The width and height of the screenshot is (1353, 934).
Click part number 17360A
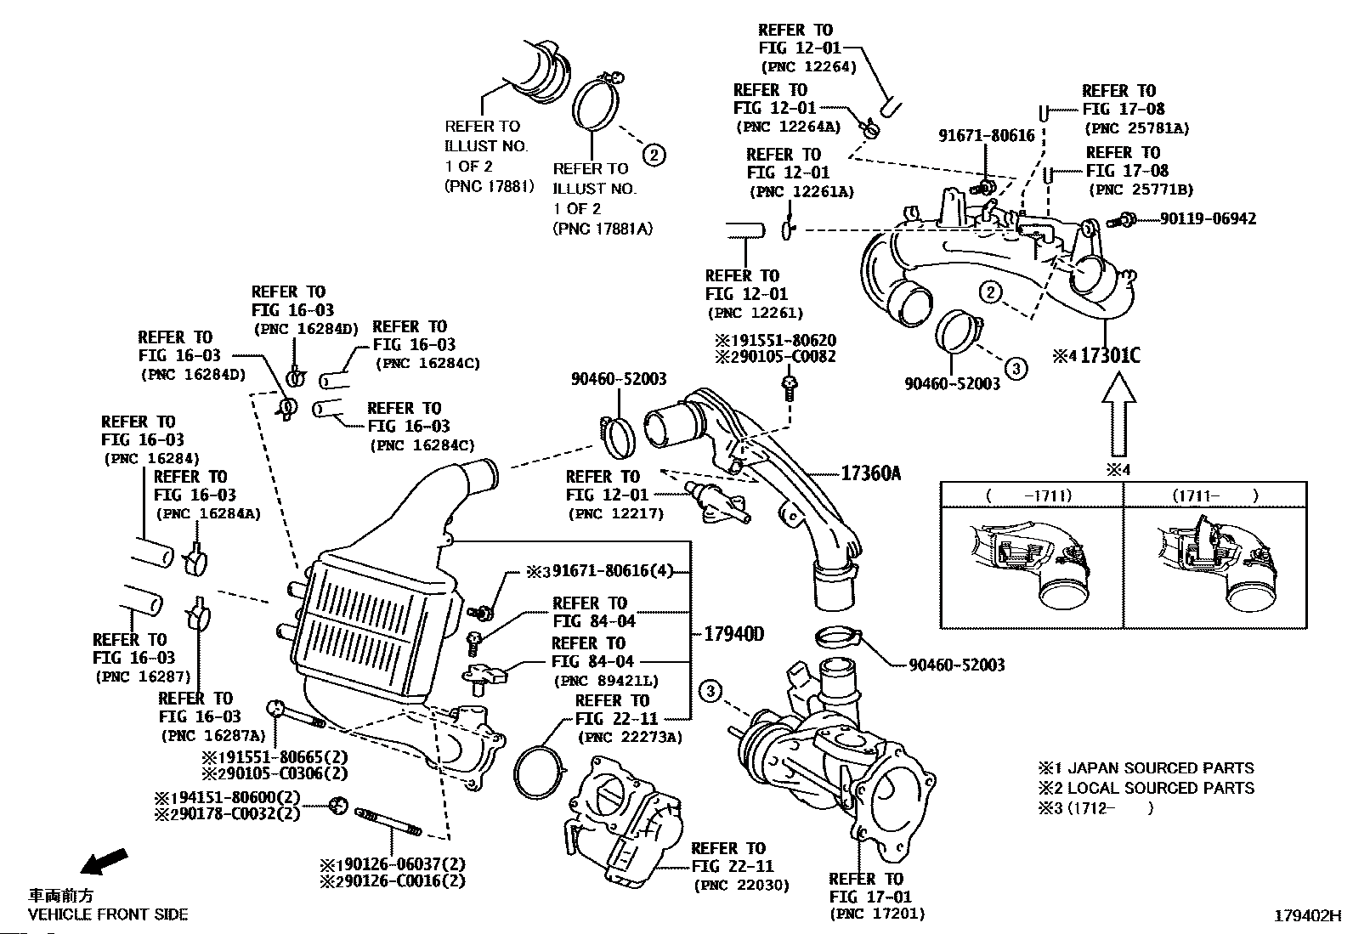pos(870,473)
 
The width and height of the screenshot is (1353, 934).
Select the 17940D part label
pos(734,634)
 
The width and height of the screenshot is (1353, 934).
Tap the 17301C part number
pos(1109,355)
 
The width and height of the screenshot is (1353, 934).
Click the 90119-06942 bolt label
pos(1208,218)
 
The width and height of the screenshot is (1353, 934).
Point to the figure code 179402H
pos(1306,916)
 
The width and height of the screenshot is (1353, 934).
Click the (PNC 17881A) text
pos(603,229)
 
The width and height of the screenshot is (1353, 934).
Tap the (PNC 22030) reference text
pos(741,886)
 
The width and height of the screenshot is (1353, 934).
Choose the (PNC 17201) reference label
pos(876,914)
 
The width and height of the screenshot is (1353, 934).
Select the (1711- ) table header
pos(1214,495)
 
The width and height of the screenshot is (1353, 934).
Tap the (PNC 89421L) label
pos(605,681)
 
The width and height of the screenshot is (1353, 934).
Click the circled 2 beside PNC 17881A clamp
pos(653,155)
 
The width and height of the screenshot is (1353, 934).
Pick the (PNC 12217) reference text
pos(615,513)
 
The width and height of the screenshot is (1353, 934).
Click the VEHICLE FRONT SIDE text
pos(108,915)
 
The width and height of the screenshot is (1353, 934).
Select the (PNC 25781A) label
pos(1136,128)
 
